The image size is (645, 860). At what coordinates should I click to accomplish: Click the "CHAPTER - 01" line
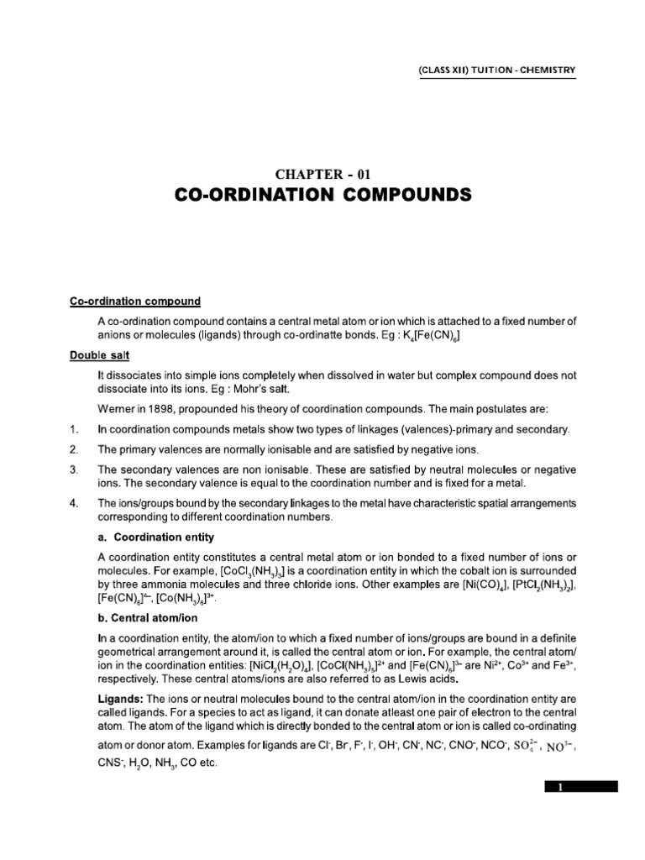(x=322, y=175)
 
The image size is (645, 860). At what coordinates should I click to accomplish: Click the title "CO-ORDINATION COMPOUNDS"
(x=322, y=197)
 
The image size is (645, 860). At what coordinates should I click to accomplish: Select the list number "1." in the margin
(x=75, y=430)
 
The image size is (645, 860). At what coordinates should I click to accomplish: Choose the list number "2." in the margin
(x=75, y=449)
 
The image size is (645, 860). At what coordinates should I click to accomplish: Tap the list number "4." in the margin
(x=75, y=503)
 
